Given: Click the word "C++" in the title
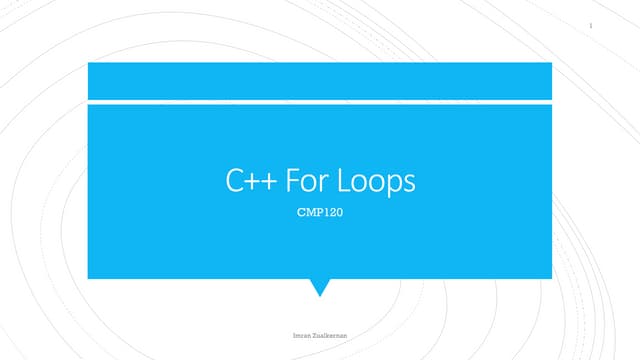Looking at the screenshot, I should [x=251, y=183].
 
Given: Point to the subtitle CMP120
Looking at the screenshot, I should [x=320, y=212].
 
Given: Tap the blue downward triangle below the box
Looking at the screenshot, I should [x=320, y=286].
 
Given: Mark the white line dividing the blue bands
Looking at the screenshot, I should [x=320, y=101].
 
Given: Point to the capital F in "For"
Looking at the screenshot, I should [x=292, y=183].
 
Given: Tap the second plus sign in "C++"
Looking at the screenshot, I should [x=268, y=184].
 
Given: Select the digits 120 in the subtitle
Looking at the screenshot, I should [x=331, y=212].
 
